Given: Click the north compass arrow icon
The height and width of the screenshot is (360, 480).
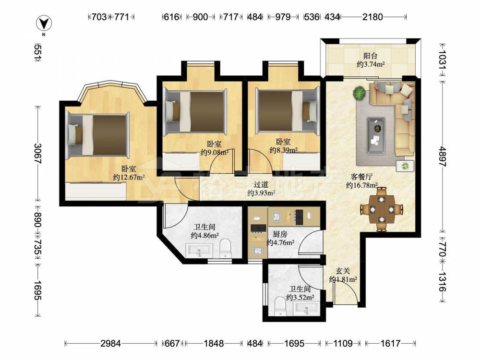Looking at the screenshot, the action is click(44, 24).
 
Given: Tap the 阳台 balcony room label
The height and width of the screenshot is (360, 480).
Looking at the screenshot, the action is click(371, 56).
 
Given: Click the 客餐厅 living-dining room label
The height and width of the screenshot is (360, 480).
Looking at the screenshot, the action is click(361, 177).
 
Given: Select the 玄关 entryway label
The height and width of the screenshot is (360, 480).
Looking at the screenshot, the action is click(343, 271).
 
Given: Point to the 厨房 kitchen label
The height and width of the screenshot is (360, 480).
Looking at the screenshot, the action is click(280, 234).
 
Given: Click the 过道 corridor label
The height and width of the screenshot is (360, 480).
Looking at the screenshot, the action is click(261, 184).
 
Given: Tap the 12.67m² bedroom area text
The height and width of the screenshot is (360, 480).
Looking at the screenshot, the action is click(129, 177).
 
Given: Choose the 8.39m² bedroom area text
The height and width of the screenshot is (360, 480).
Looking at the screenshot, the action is click(284, 150).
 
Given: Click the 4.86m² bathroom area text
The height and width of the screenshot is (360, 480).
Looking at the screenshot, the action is click(204, 235).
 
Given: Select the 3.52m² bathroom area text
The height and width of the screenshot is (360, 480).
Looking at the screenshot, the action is click(300, 297).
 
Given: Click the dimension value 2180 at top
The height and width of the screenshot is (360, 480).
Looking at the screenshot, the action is click(372, 17).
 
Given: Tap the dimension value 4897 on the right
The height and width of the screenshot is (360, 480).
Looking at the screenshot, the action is click(443, 156).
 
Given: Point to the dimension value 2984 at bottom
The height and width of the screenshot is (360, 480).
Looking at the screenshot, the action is click(110, 344).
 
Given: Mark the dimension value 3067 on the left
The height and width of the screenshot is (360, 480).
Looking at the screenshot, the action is click(38, 154).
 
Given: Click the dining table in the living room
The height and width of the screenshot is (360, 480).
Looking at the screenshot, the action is click(381, 209).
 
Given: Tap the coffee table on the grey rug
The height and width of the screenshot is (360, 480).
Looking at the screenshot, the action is click(376, 135).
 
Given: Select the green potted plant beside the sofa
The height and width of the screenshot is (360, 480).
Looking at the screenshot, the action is click(359, 93).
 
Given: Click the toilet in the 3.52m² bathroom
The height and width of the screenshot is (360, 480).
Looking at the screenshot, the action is click(280, 306).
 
